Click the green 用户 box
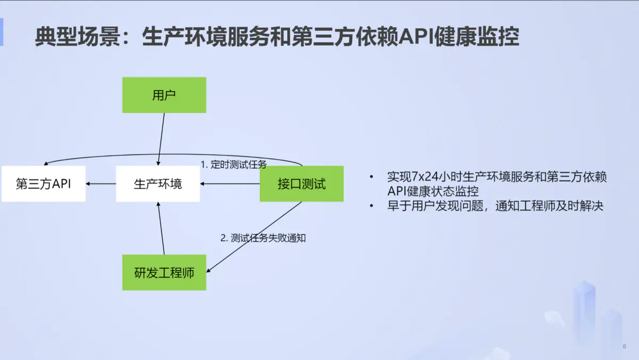pyautogui.click(x=164, y=95)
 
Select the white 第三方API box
pyautogui.click(x=43, y=184)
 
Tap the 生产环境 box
pyautogui.click(x=158, y=184)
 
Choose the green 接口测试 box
pyautogui.click(x=301, y=184)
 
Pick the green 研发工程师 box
pyautogui.click(x=164, y=273)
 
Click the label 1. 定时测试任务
pyautogui.click(x=234, y=164)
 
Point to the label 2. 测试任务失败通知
pyautogui.click(x=263, y=238)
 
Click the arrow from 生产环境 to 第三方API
pyautogui.click(x=101, y=184)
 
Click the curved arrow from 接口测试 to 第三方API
pyautogui.click(x=170, y=155)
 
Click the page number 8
pyautogui.click(x=624, y=347)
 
